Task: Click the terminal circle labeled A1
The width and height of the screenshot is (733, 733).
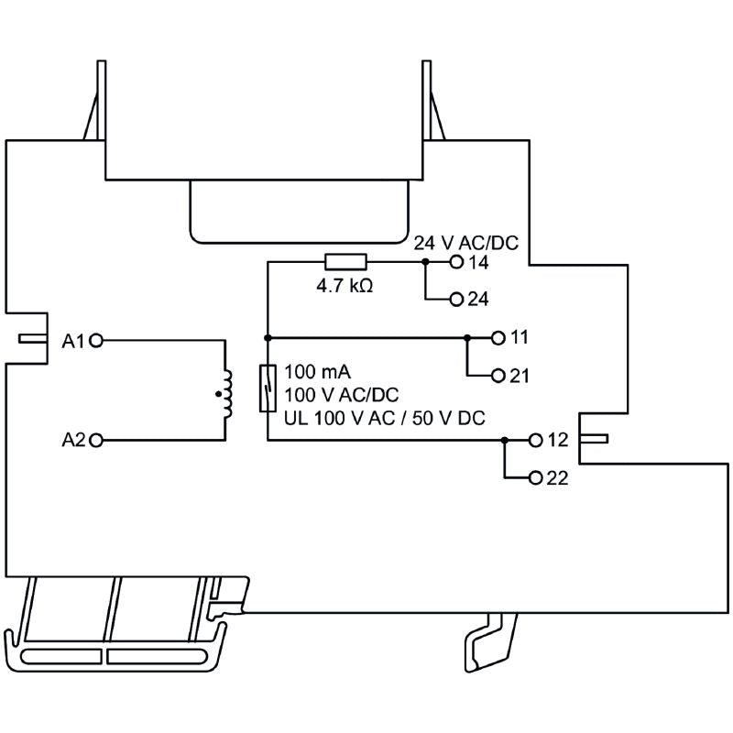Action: (x=97, y=340)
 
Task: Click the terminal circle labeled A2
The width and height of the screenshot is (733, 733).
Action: (x=97, y=440)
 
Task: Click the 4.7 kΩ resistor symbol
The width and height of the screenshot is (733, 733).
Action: (x=346, y=262)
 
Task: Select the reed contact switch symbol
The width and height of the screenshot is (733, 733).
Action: (x=267, y=388)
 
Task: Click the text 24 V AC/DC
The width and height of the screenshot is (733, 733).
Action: (x=465, y=244)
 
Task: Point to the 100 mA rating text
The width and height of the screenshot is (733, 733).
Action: (x=318, y=372)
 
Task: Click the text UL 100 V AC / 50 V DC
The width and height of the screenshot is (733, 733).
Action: (x=384, y=418)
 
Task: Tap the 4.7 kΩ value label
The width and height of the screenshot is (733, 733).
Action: (x=345, y=286)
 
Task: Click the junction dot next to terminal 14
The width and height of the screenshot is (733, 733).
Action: (x=425, y=262)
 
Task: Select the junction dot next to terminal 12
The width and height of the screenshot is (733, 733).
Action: (x=504, y=440)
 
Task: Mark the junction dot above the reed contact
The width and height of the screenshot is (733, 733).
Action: (x=267, y=337)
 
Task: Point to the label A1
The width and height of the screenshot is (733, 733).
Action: (x=73, y=341)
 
